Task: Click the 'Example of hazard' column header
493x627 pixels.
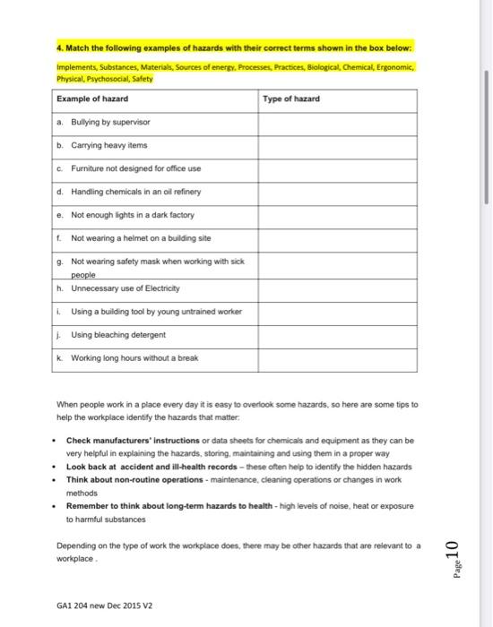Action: (92, 98)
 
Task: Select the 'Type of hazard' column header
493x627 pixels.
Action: (291, 98)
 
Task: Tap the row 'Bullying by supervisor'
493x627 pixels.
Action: (108, 121)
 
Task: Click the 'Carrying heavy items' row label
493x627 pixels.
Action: (108, 144)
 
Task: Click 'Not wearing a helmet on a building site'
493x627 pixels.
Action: (134, 239)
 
